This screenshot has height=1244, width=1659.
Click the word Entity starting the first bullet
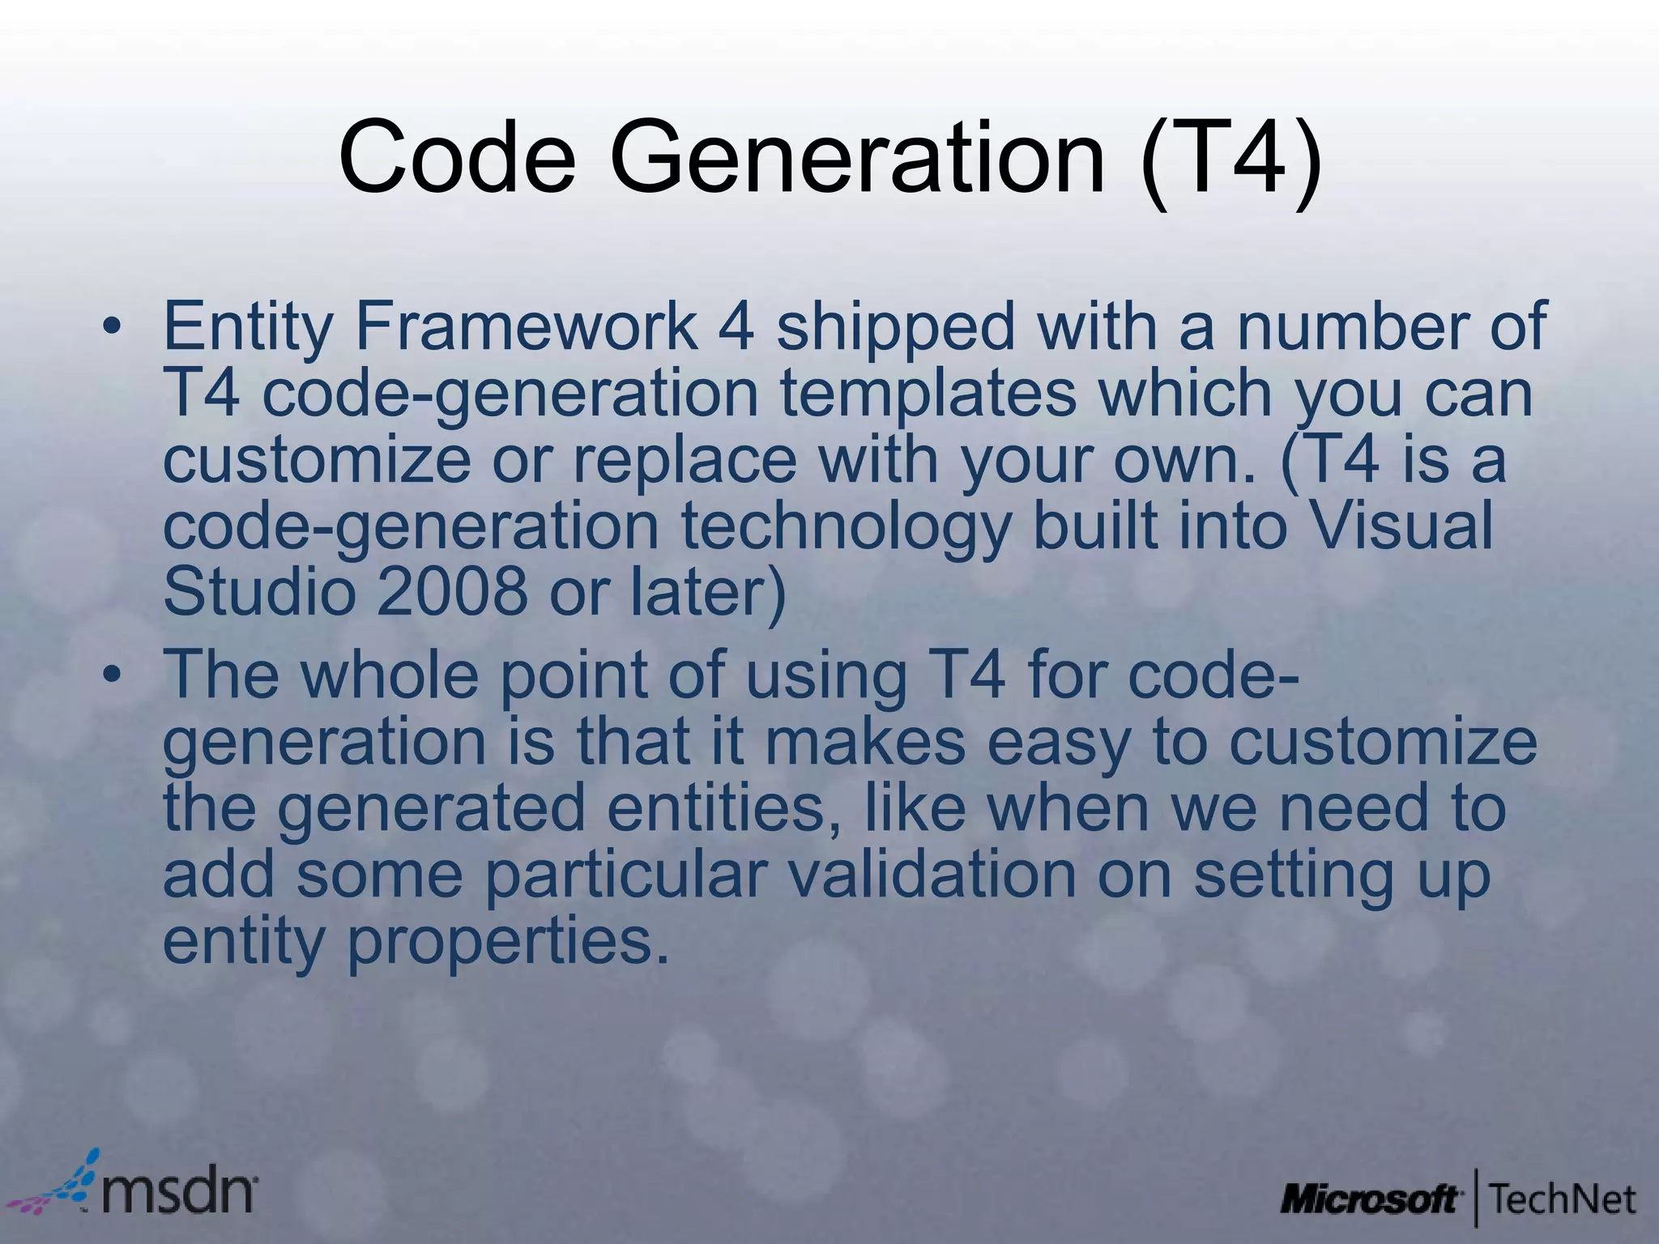click(247, 327)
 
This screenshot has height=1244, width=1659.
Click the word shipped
click(894, 327)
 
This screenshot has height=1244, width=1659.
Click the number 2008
click(451, 591)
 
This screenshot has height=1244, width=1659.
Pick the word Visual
click(1401, 525)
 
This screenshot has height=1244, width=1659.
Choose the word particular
click(625, 875)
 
